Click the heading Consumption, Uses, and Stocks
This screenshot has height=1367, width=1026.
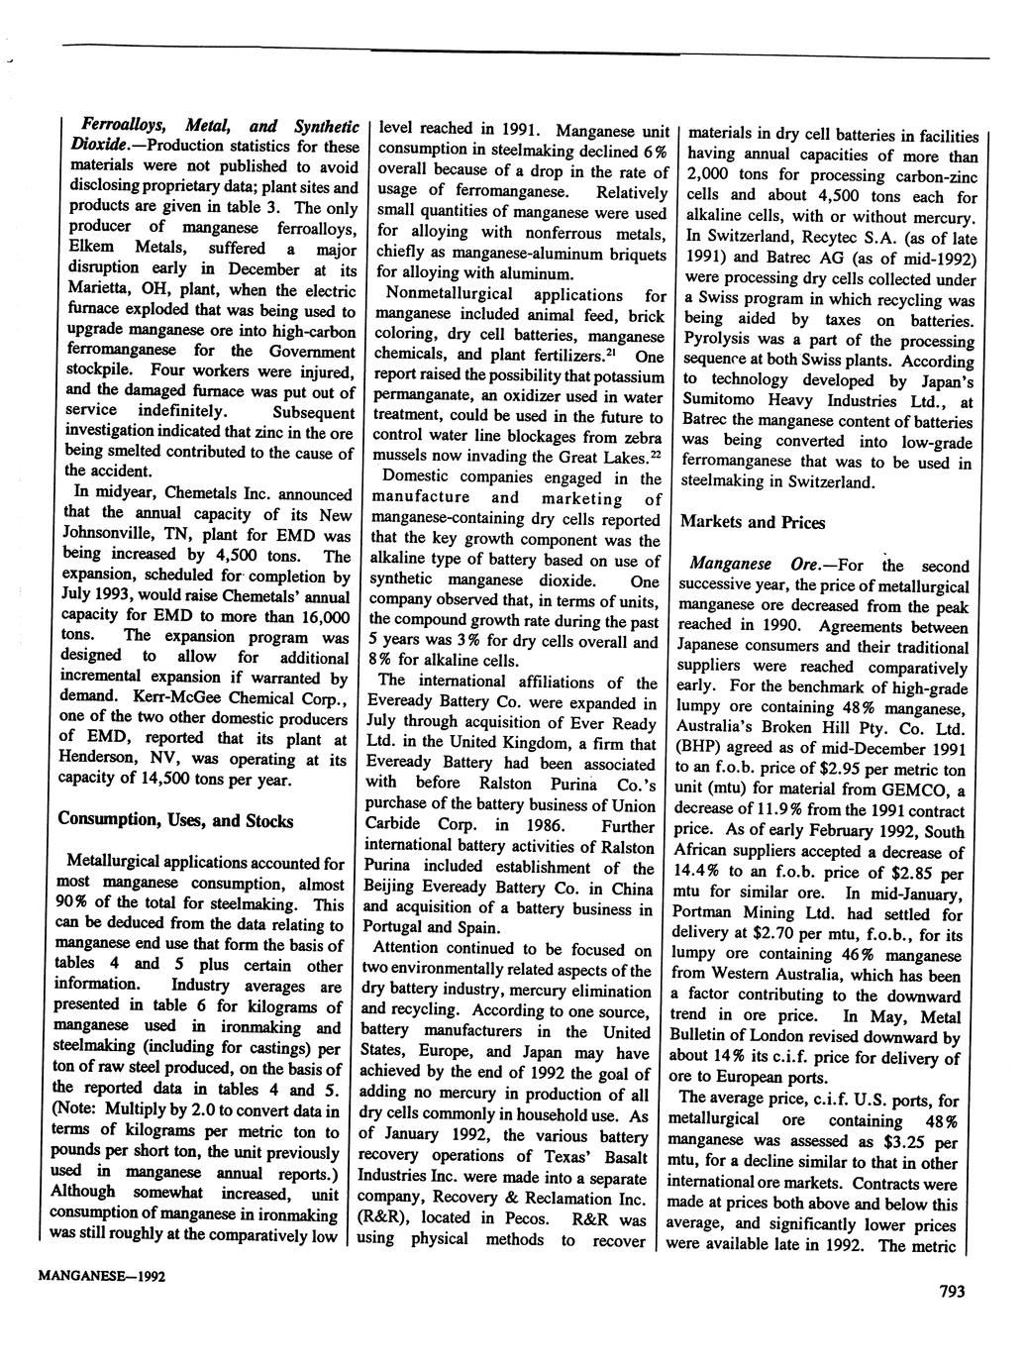(175, 820)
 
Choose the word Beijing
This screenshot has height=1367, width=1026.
(395, 889)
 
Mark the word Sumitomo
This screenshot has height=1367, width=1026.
(717, 400)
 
